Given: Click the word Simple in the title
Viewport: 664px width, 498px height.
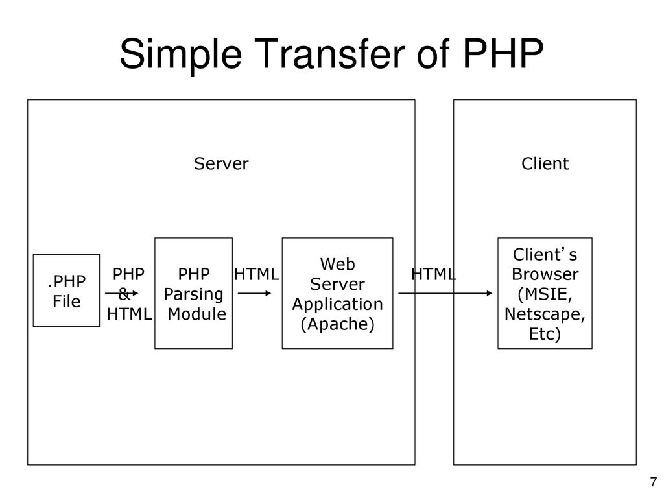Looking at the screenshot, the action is point(181,54).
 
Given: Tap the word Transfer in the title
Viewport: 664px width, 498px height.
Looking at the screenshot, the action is point(329,53).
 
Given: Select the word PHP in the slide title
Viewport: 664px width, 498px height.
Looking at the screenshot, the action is point(503,53).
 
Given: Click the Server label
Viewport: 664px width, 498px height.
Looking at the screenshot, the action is point(221,163).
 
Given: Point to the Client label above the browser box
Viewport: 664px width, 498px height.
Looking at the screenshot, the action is point(545,163).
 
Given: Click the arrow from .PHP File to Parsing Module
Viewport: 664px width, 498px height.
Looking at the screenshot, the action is point(121,293).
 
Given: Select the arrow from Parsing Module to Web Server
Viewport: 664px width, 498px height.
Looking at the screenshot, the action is point(254,293).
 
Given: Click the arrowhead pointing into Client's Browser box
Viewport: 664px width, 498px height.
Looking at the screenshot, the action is point(490,293).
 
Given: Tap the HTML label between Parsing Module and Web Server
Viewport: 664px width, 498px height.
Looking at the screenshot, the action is point(257,274).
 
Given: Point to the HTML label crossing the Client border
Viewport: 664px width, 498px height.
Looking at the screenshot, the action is point(434,274).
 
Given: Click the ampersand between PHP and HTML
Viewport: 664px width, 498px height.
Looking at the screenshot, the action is point(124,294).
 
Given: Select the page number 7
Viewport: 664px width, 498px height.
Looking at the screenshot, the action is point(654,482).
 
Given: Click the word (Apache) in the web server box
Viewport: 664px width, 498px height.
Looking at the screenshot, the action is point(337,324).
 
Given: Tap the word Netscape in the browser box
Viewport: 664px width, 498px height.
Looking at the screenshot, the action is point(545,314).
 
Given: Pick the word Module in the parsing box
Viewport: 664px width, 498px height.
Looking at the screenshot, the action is point(197,314).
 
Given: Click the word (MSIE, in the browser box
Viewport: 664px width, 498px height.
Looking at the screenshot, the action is point(545,294).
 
